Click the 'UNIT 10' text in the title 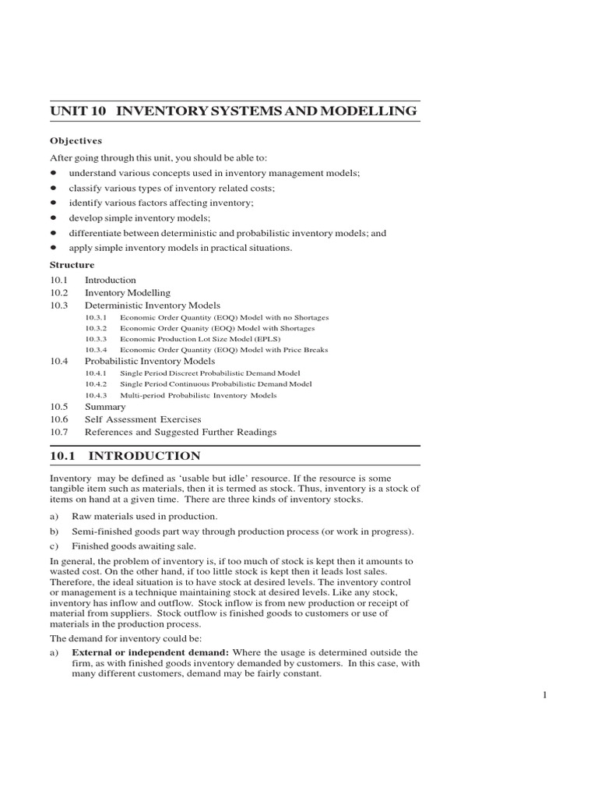(x=77, y=111)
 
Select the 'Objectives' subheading (x=76, y=140)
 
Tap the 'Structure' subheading (x=72, y=265)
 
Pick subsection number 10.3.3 (x=96, y=339)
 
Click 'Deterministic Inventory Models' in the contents (x=152, y=305)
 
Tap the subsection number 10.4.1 (x=96, y=373)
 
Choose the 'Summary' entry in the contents (x=105, y=407)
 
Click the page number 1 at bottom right (x=546, y=697)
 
